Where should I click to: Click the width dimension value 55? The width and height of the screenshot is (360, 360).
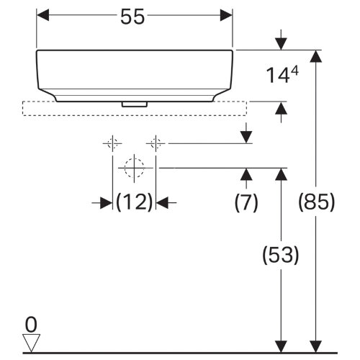point(134,17)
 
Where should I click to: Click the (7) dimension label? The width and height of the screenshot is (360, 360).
point(246,203)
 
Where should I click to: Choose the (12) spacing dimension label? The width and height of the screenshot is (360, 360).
point(135,203)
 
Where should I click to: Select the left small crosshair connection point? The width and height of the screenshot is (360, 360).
point(112,143)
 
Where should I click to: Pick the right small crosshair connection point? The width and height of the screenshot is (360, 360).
point(155,143)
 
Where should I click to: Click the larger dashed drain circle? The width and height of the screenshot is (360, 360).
point(134,168)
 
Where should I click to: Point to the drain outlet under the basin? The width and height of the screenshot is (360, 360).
point(134,104)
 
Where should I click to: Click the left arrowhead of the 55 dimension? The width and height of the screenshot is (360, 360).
point(43,15)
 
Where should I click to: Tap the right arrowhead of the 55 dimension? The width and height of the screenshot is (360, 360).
point(226,15)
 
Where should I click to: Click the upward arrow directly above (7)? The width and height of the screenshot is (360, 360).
point(246,174)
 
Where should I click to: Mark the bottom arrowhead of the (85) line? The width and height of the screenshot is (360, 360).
point(314,346)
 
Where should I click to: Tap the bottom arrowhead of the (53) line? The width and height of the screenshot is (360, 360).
point(281,346)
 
